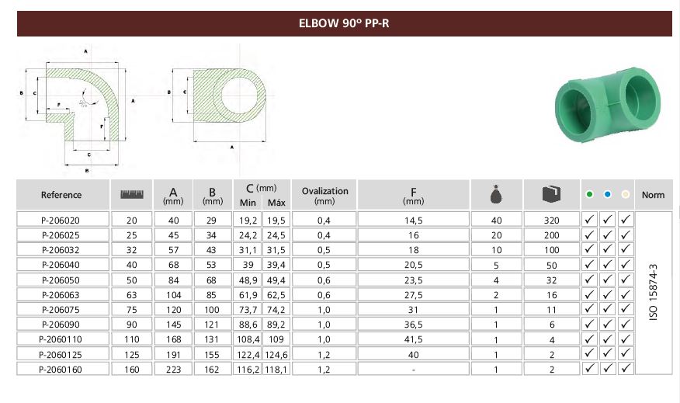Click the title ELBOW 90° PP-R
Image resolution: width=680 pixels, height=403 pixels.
pyautogui.click(x=344, y=23)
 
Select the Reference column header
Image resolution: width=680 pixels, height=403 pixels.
pyautogui.click(x=61, y=195)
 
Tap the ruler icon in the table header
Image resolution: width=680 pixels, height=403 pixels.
pyautogui.click(x=131, y=194)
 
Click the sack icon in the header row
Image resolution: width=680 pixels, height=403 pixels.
pyautogui.click(x=496, y=194)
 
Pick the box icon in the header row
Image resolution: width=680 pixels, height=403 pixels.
pyautogui.click(x=551, y=194)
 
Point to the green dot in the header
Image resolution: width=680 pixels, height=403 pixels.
pyautogui.click(x=589, y=194)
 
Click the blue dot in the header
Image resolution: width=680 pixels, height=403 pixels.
pyautogui.click(x=607, y=194)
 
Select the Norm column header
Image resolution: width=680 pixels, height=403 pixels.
pyautogui.click(x=653, y=195)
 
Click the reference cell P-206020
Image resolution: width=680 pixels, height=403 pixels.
pyautogui.click(x=61, y=221)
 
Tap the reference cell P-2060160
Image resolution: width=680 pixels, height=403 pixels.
pyautogui.click(x=61, y=370)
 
